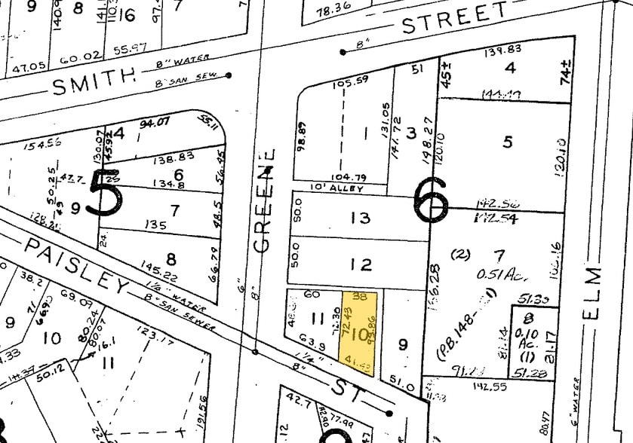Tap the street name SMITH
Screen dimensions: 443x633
pos(94,83)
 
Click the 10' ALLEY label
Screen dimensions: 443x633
pos(337,188)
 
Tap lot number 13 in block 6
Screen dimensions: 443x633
pos(361,218)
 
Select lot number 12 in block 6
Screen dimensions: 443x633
pos(361,264)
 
